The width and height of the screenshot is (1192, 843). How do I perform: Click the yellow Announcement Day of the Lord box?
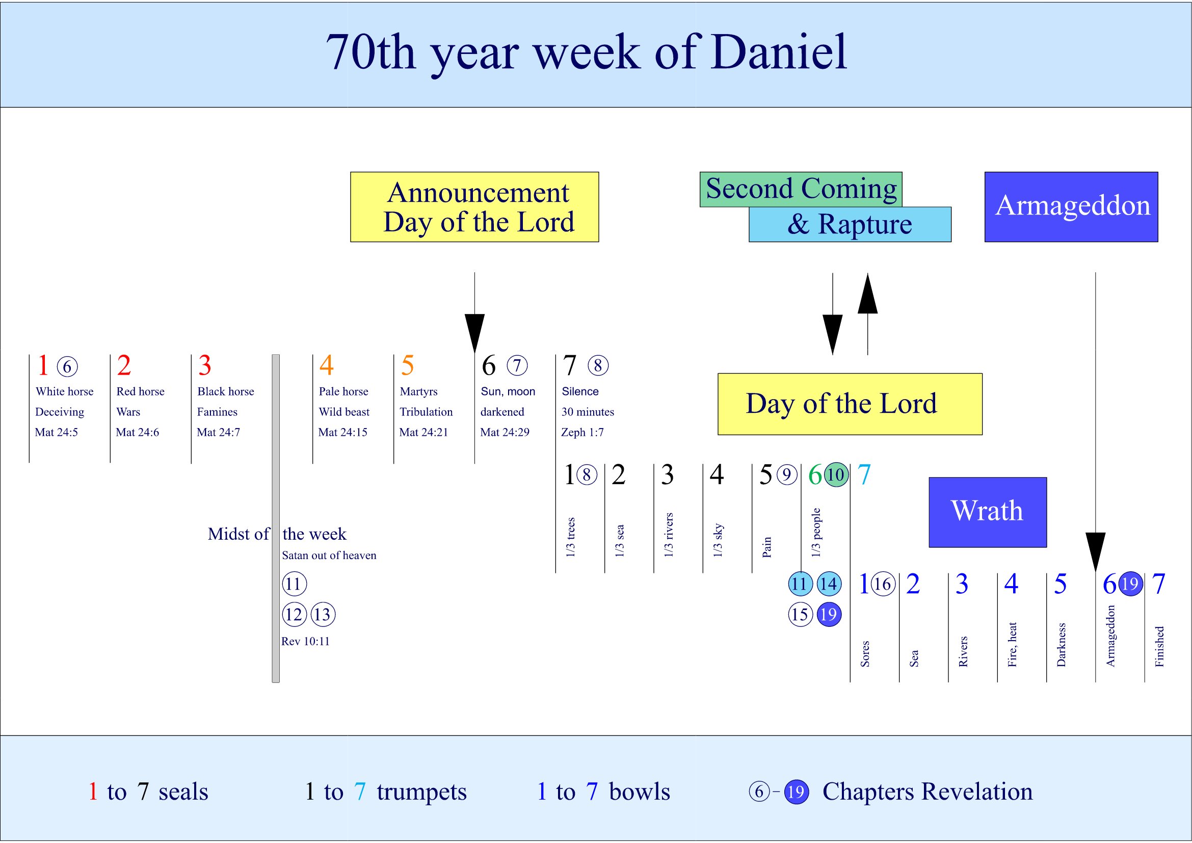tap(474, 206)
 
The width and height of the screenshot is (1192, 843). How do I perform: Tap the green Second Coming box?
tap(801, 189)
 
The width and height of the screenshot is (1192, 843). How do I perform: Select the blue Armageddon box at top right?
tap(1071, 206)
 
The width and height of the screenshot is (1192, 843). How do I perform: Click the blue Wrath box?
tap(987, 511)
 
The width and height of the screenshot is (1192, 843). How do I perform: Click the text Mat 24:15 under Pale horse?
tap(342, 432)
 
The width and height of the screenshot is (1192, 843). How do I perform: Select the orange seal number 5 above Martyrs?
tap(408, 365)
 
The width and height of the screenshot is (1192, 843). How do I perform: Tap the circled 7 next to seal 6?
tap(517, 365)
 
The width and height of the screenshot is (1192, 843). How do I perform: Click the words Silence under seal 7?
tap(580, 391)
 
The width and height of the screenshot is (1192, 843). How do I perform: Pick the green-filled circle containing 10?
tap(836, 475)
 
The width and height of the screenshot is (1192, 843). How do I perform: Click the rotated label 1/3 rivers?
tap(669, 535)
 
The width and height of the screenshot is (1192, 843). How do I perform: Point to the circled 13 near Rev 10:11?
tap(323, 615)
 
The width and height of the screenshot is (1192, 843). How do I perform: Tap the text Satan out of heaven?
tap(329, 556)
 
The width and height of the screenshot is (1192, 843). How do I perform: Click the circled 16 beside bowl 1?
tap(883, 584)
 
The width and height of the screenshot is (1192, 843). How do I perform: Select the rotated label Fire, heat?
tap(1012, 644)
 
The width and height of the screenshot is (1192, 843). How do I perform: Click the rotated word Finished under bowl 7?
tap(1159, 646)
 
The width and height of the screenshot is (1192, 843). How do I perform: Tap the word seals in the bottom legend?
tap(183, 792)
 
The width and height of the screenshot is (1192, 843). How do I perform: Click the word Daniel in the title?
tap(779, 52)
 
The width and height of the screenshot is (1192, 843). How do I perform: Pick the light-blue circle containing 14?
tap(829, 584)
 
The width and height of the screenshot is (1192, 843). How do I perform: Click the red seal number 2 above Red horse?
tap(124, 365)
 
